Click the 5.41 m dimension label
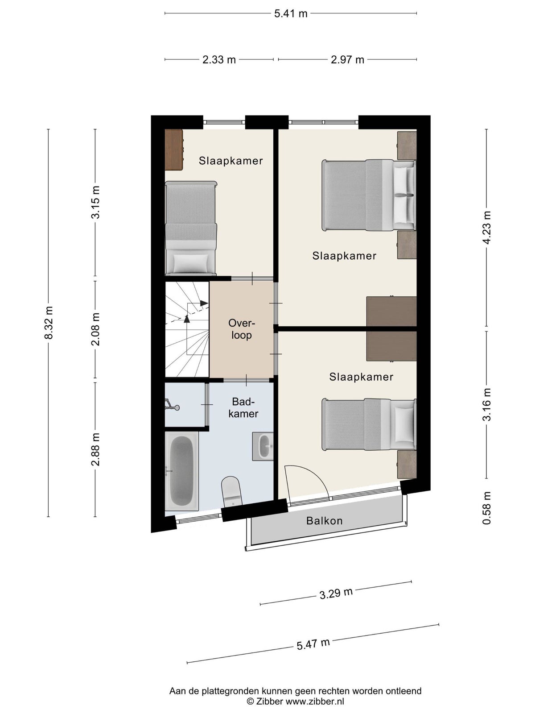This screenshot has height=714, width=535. pos(290,14)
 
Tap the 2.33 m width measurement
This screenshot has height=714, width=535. pos(219,60)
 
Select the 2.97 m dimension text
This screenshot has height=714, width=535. pos(347,60)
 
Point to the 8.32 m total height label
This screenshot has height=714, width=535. pos(49,323)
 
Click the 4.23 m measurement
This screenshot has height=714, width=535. pos(486,228)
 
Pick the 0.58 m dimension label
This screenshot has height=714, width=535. pos(486,508)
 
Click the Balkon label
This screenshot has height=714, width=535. pos(324,521)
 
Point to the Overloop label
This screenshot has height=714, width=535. pos(242,329)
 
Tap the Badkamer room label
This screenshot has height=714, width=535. pos(243,407)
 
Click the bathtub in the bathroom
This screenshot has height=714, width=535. pos(181,471)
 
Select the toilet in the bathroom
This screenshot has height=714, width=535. pos(231,492)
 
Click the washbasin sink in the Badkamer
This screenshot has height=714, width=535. pos(263,446)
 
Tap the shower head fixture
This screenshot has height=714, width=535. pos(172,404)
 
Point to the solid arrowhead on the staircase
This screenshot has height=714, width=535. pos(204,303)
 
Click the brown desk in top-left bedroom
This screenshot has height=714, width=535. pos(174,149)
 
